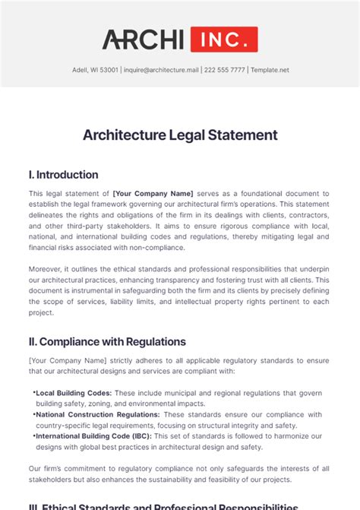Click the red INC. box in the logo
[224, 40]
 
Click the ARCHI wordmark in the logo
[144, 40]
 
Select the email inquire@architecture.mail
[161, 70]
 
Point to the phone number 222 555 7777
[224, 70]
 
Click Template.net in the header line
[270, 70]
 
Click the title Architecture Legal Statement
[180, 135]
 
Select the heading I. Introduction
[64, 175]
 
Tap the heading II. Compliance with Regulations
[107, 342]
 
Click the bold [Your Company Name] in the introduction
[153, 194]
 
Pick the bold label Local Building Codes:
[74, 393]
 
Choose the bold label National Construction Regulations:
[98, 415]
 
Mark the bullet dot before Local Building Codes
[34, 393]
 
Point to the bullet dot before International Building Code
[34, 436]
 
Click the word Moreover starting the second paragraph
[46, 268]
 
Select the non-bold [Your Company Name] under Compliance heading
[62, 361]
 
